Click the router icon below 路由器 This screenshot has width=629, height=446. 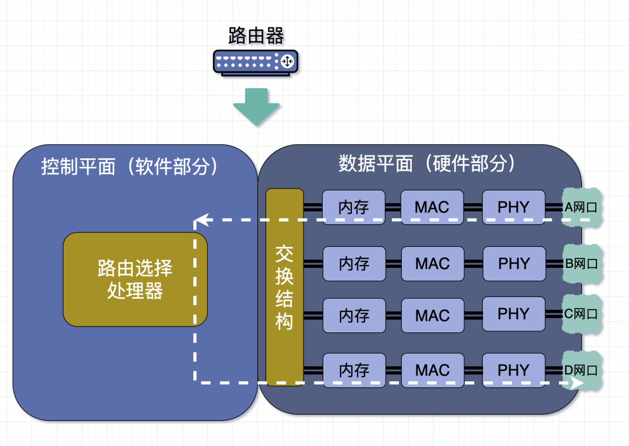tap(256, 62)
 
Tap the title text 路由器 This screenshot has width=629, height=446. tap(256, 36)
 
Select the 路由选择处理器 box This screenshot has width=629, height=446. tap(135, 279)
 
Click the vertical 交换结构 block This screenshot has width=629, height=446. tap(285, 287)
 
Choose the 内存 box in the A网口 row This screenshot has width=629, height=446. tap(354, 207)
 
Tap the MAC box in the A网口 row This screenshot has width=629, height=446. tap(432, 207)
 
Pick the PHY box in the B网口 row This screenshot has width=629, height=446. tap(514, 263)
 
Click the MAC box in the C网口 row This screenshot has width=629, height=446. tap(432, 315)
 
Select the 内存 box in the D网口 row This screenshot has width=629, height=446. tap(354, 370)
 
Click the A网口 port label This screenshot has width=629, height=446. tap(581, 207)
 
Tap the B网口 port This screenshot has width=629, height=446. tap(581, 263)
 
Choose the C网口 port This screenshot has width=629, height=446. tap(581, 314)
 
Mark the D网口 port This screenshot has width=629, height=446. tap(581, 370)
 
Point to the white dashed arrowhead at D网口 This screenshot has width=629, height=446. tap(578, 383)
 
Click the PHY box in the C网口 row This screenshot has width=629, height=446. tap(514, 314)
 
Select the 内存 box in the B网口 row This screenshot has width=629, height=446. tap(354, 263)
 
